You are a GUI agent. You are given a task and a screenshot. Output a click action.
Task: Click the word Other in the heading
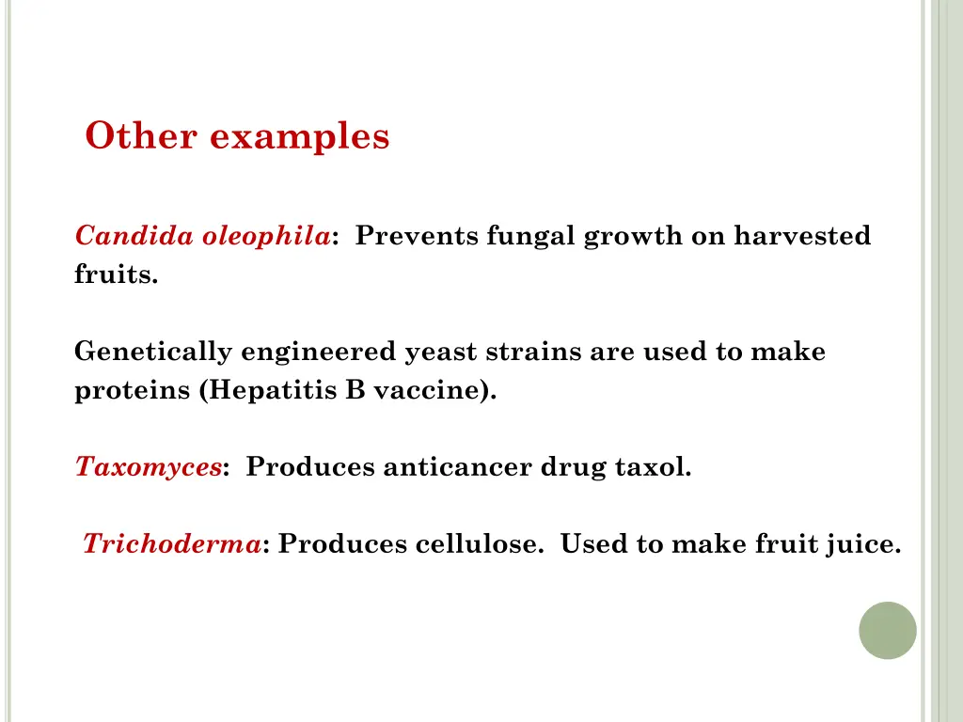click(x=141, y=136)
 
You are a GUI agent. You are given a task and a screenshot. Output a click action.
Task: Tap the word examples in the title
click(x=299, y=137)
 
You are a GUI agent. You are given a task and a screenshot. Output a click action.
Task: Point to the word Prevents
click(x=418, y=236)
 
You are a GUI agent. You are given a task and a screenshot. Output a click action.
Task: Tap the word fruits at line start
click(x=116, y=275)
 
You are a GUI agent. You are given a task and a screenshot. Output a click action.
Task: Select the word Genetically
click(x=154, y=353)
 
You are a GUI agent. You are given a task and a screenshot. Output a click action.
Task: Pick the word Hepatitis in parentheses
click(x=269, y=391)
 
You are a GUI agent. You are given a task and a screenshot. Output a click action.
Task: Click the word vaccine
click(x=434, y=391)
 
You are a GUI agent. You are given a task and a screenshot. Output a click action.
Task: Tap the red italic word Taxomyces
click(x=149, y=467)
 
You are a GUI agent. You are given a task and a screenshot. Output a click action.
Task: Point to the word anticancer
click(x=457, y=467)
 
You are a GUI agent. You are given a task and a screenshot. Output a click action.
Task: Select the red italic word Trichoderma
click(x=172, y=544)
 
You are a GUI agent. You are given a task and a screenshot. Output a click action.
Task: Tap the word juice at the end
click(x=861, y=544)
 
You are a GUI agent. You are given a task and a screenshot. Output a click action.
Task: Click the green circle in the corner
click(x=887, y=630)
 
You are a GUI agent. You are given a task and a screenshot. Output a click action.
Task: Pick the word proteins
click(x=133, y=391)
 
